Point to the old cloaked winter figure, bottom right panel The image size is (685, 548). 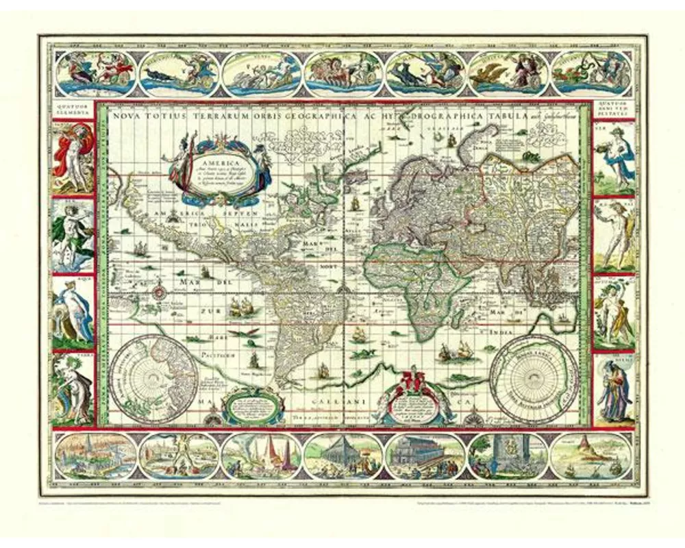(613, 390)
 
